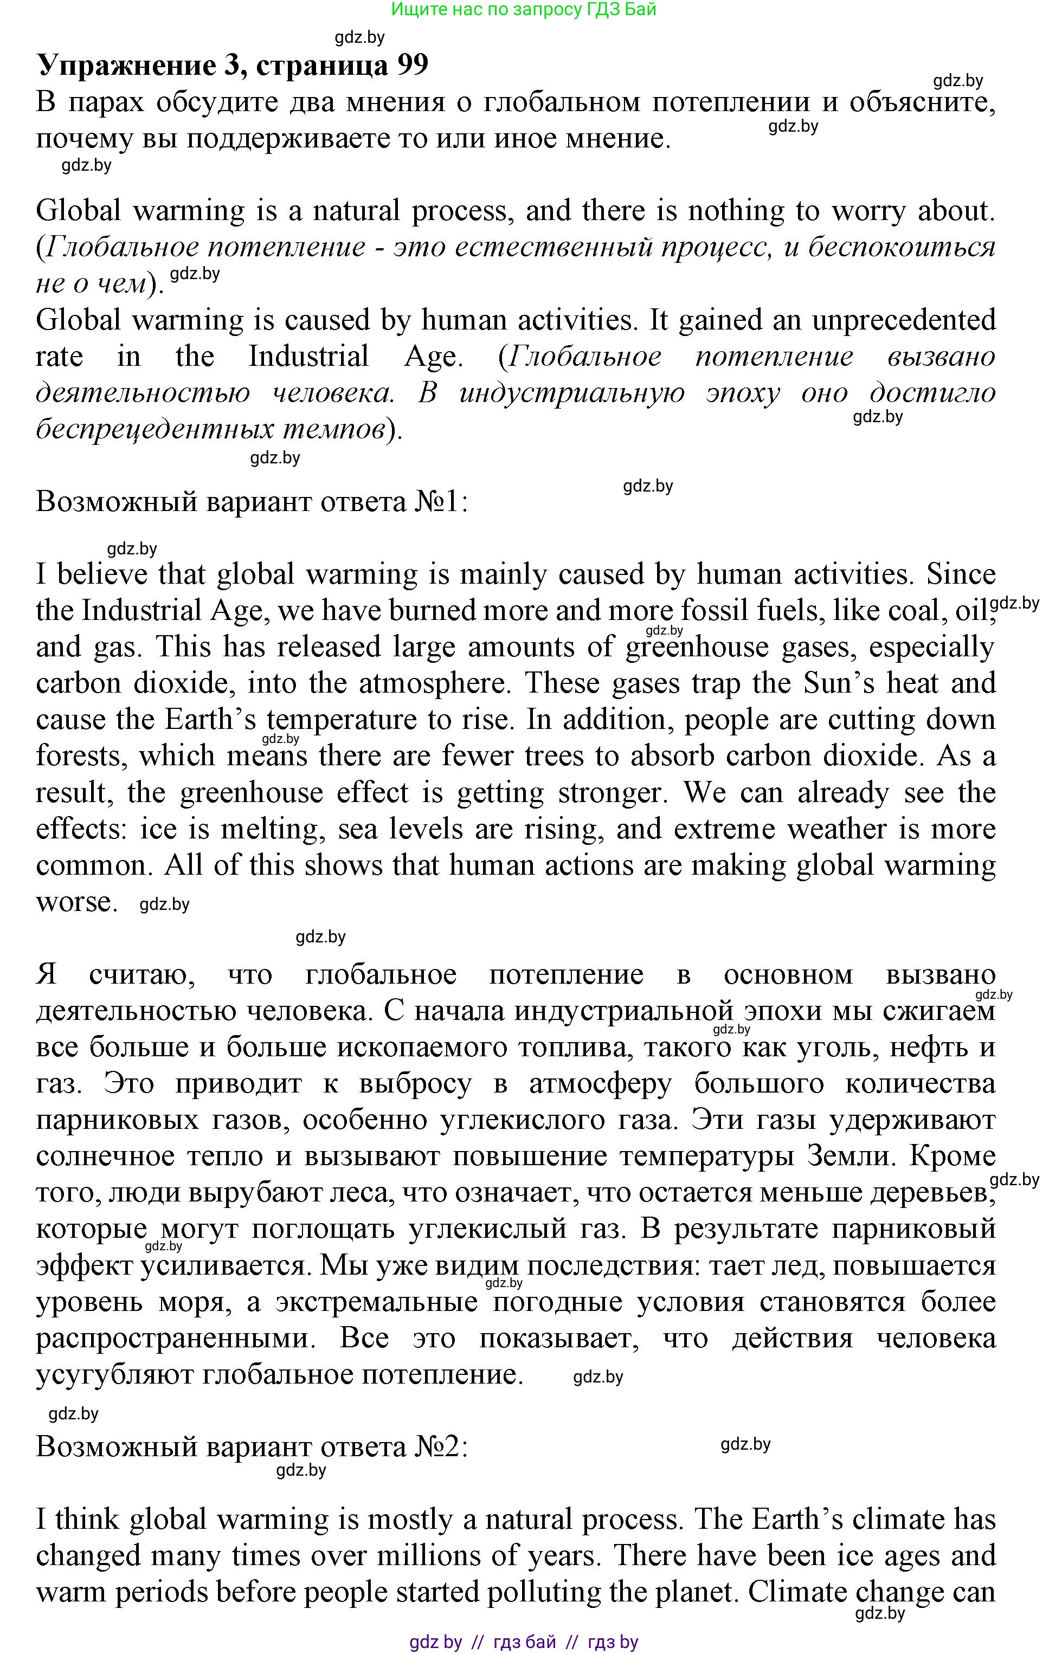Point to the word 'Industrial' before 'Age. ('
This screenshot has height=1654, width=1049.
click(308, 357)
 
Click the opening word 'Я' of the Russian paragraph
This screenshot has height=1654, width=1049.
click(46, 974)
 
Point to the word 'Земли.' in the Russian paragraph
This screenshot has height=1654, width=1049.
click(848, 1156)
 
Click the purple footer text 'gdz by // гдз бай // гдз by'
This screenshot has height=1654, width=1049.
click(524, 1642)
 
